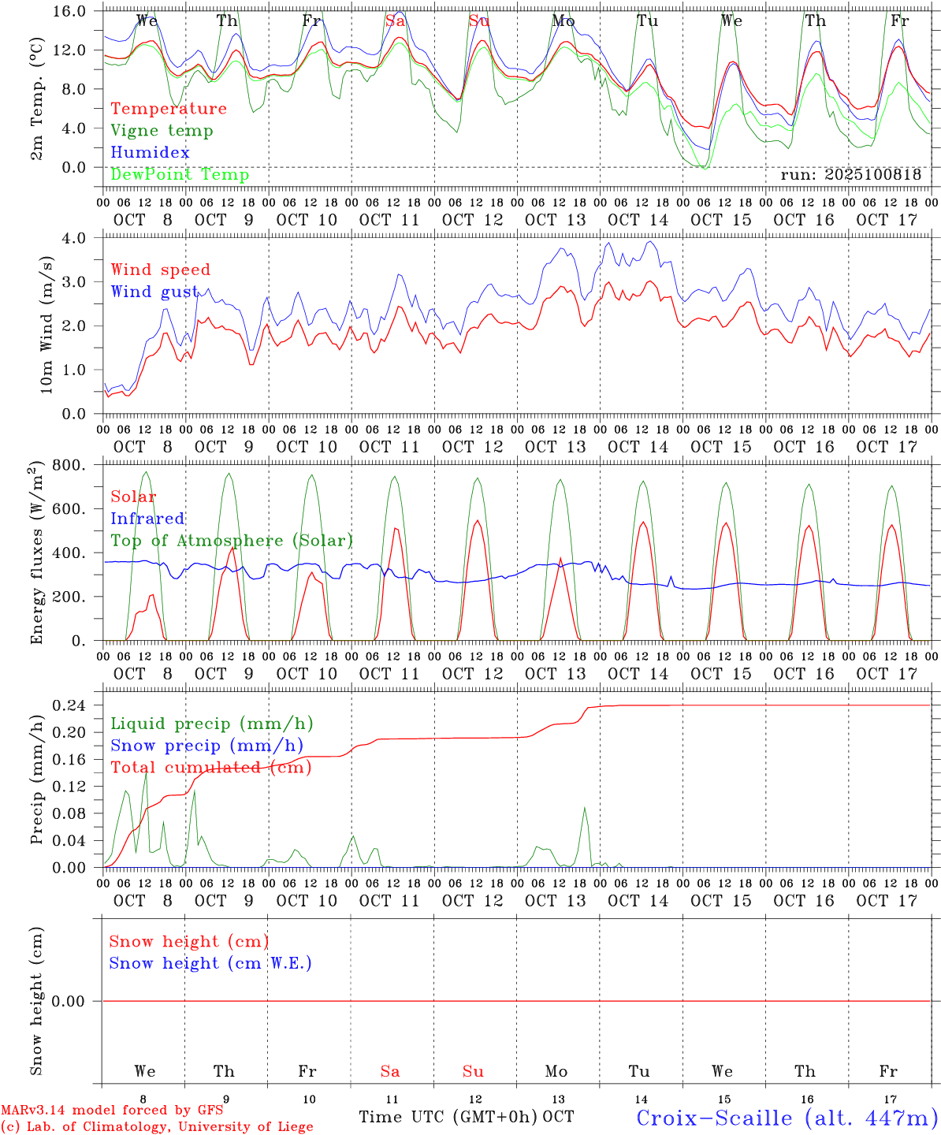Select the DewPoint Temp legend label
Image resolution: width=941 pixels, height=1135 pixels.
click(x=180, y=174)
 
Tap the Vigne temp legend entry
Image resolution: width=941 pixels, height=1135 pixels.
click(x=162, y=131)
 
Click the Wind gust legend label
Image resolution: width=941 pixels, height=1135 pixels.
click(x=154, y=292)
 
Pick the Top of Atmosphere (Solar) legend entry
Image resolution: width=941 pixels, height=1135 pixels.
click(x=232, y=541)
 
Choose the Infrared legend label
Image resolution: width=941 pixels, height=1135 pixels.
click(x=147, y=519)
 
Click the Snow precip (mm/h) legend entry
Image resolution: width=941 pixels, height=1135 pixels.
click(x=207, y=746)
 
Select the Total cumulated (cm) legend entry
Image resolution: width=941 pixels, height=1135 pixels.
click(x=211, y=767)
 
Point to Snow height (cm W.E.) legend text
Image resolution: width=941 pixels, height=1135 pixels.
click(x=210, y=963)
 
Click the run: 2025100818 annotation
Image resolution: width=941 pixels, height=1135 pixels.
click(x=850, y=175)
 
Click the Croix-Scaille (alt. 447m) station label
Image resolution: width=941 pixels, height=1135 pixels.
click(x=787, y=1118)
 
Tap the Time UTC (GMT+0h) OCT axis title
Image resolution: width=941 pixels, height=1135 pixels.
click(x=466, y=1117)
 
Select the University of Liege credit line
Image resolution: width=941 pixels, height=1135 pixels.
click(x=157, y=1126)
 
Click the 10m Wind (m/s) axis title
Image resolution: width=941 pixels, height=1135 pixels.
click(x=46, y=324)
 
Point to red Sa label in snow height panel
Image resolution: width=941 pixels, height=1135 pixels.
click(x=389, y=1071)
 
